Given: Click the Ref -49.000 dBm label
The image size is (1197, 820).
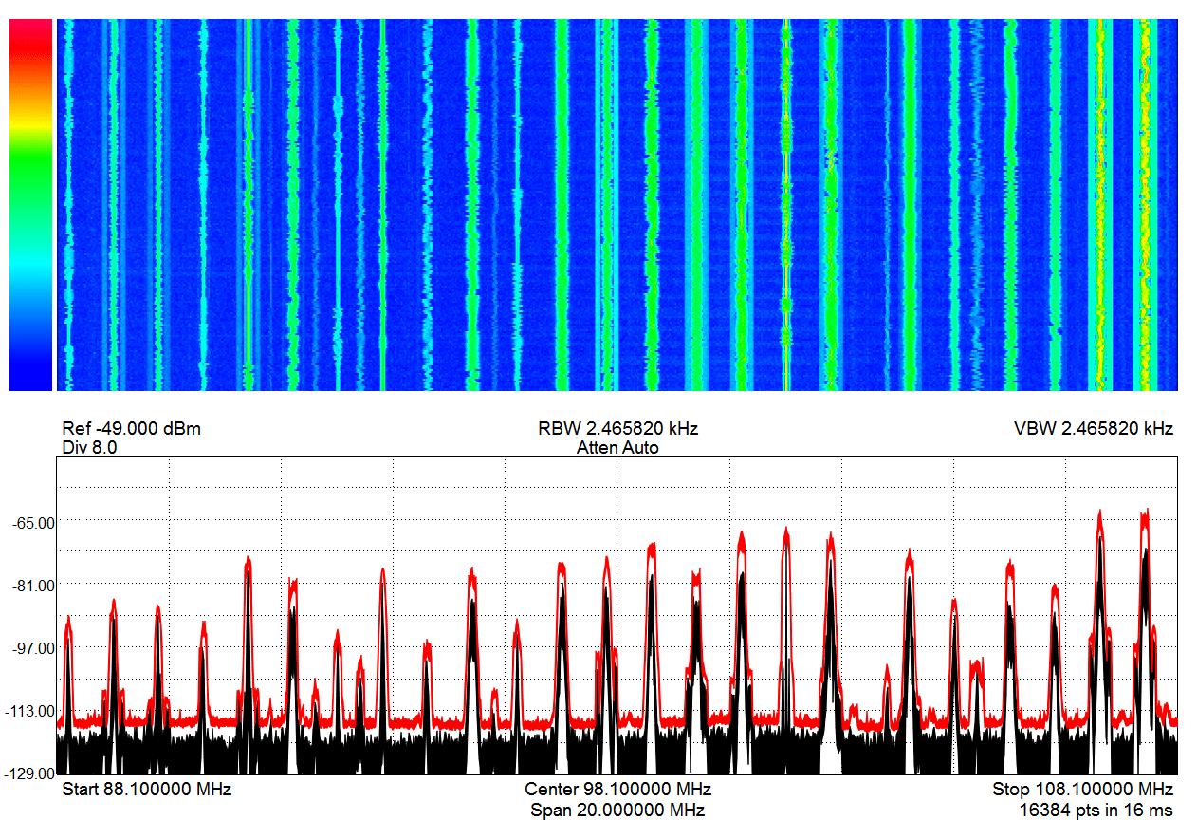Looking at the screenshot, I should pos(131,429).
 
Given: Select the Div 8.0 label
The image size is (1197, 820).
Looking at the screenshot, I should pos(89,448).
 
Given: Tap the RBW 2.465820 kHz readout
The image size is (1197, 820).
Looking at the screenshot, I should pos(617,429).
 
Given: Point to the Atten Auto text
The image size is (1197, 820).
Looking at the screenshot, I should pos(617,448).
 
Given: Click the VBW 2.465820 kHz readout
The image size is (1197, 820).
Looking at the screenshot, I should pos(1094,429).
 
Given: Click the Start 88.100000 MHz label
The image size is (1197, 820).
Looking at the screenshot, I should pos(146,790).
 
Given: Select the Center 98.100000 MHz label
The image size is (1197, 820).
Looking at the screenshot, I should pos(617,790).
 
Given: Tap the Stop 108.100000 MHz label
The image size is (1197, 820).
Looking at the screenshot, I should pos(1082,790).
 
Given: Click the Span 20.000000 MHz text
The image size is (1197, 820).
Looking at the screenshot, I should pos(617,810).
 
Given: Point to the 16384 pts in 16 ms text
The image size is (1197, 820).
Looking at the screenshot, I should pos(1096,810).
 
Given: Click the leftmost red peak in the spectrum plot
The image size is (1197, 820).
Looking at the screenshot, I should pos(68,619).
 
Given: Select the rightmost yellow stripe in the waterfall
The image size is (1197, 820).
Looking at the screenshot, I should pos(1145,204).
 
